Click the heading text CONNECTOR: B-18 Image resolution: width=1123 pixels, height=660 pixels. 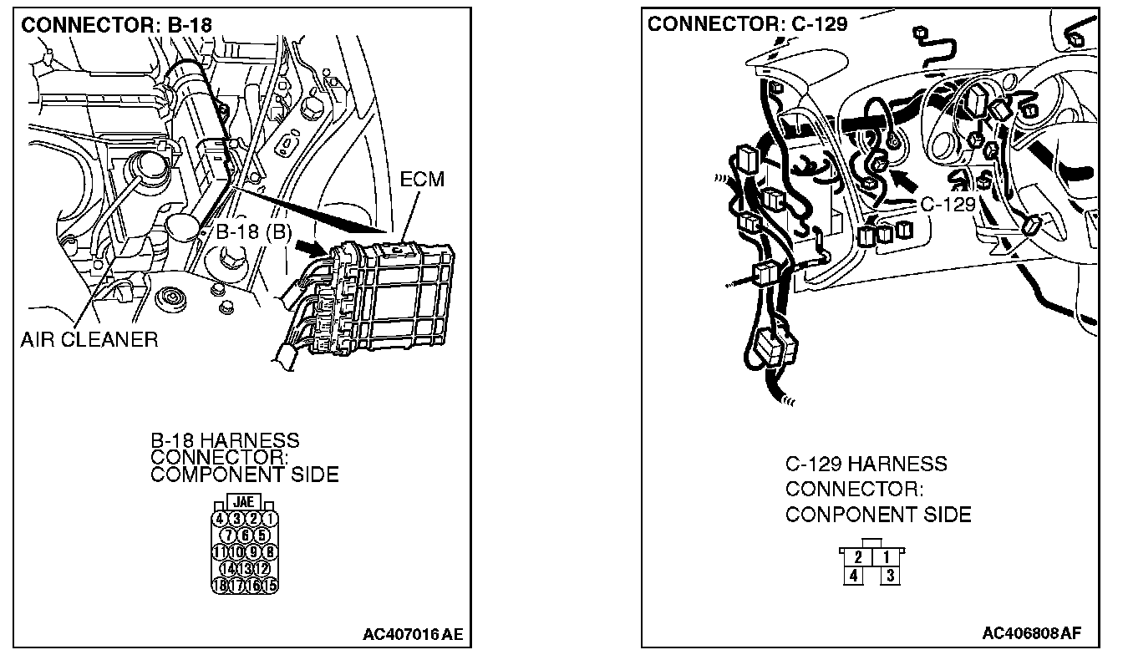pyautogui.click(x=116, y=25)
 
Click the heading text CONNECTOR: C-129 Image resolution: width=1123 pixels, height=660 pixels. pyautogui.click(x=747, y=23)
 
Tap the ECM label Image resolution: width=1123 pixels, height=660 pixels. pyautogui.click(x=423, y=180)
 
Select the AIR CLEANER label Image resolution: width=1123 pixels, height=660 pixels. pyautogui.click(x=89, y=339)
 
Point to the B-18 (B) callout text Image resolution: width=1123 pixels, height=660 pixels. pyautogui.click(x=253, y=233)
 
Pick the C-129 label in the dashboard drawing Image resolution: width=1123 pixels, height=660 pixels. pyautogui.click(x=948, y=205)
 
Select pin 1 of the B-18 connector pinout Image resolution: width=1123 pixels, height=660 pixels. pyautogui.click(x=270, y=519)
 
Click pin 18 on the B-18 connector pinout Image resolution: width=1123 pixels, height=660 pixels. pyautogui.click(x=221, y=585)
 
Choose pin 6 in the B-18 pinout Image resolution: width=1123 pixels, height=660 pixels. pyautogui.click(x=246, y=535)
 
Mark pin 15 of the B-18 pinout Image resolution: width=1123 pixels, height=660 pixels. pyautogui.click(x=269, y=585)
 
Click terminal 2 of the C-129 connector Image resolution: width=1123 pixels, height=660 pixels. pyautogui.click(x=858, y=556)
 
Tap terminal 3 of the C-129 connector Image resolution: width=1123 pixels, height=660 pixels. pyautogui.click(x=890, y=575)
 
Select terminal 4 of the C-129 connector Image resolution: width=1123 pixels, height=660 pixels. pyautogui.click(x=853, y=575)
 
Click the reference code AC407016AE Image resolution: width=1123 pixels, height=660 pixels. pyautogui.click(x=412, y=634)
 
